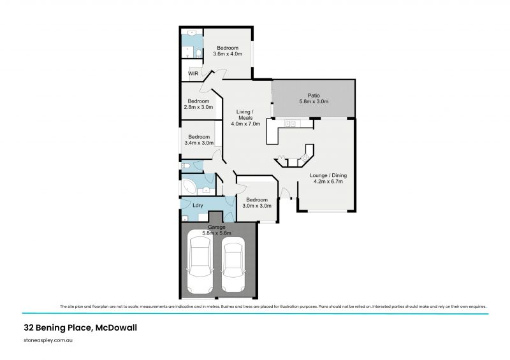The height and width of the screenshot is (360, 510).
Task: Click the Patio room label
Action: (313, 98)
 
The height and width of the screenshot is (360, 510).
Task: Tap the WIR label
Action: (193, 74)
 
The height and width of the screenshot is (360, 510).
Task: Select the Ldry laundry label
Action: (198, 205)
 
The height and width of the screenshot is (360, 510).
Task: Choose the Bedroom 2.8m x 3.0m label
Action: (198, 104)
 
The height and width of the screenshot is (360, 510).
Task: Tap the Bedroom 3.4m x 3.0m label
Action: (199, 140)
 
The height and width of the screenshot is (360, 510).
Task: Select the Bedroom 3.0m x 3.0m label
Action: (257, 203)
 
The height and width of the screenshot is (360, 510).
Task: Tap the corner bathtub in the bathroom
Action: (189, 187)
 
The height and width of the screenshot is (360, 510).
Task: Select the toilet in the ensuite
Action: (198, 52)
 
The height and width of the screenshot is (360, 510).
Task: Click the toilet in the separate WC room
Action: (186, 166)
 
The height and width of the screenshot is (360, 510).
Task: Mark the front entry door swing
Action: (284, 193)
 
